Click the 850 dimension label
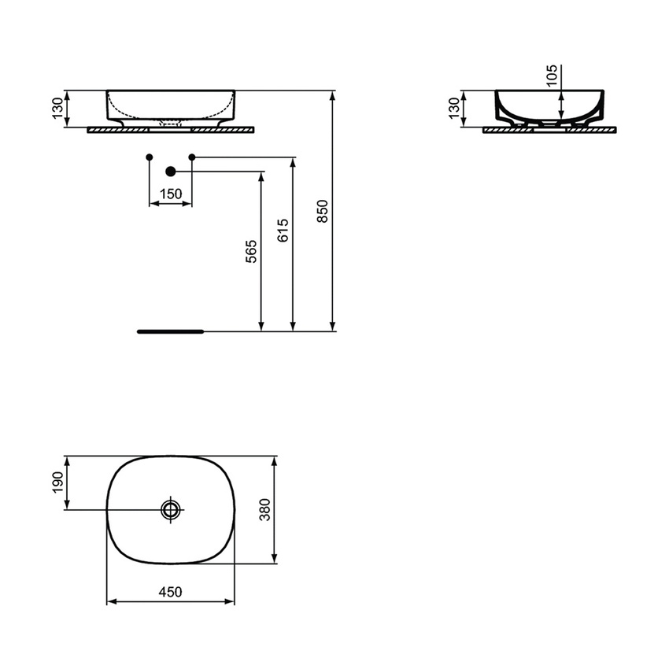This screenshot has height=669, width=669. click(x=323, y=210)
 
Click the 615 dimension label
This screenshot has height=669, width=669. click(x=284, y=229)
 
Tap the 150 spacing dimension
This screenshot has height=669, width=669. click(x=171, y=194)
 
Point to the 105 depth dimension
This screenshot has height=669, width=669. click(x=552, y=75)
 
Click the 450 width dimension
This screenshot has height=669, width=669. click(x=171, y=592)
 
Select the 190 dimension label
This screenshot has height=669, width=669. click(x=56, y=482)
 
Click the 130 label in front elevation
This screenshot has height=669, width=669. click(x=57, y=108)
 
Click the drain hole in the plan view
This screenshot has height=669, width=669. click(x=171, y=510)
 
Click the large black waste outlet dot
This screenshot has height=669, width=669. click(x=170, y=171)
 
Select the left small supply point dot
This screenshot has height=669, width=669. click(x=150, y=158)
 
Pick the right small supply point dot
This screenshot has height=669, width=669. click(x=192, y=158)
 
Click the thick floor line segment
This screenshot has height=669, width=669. click(x=170, y=331)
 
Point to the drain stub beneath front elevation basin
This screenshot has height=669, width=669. click(x=171, y=124)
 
